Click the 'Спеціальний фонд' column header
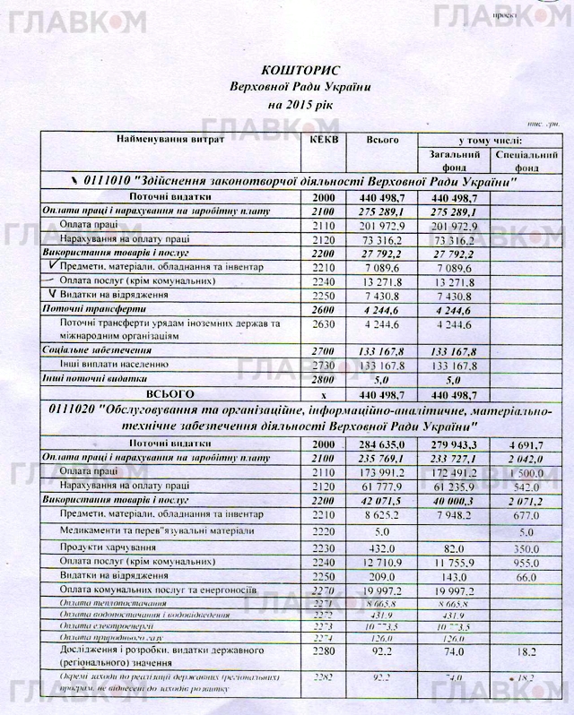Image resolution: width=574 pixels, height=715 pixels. (526, 161)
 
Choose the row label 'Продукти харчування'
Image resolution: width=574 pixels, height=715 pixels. (104, 548)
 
